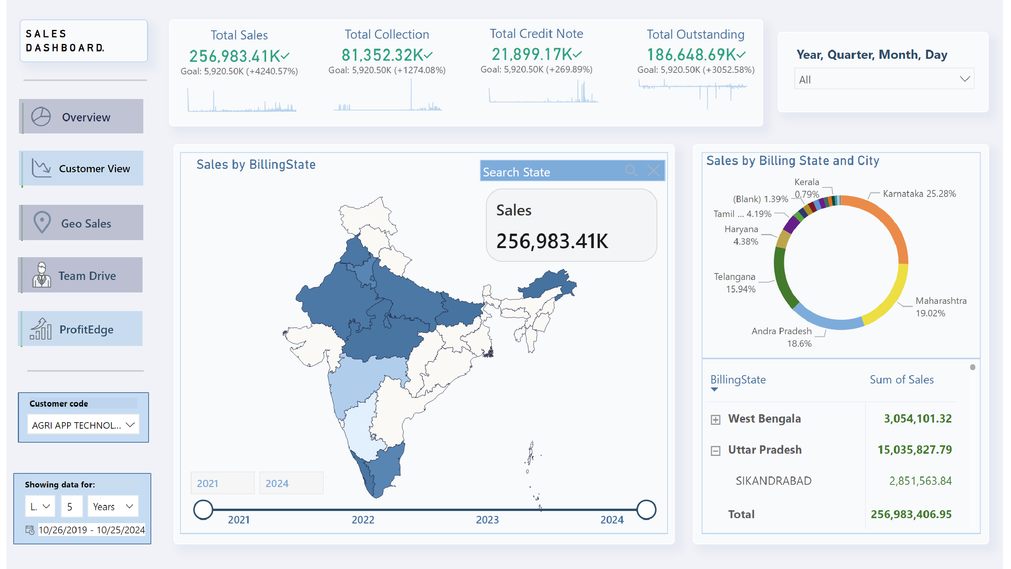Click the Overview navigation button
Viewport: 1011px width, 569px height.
pos(82,117)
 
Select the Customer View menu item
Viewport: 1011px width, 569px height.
pos(82,168)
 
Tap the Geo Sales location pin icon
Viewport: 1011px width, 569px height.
pos(42,222)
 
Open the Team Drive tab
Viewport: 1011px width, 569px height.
pos(81,275)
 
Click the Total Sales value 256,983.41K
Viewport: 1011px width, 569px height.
pos(235,56)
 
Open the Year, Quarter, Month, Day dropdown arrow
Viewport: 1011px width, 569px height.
pos(965,79)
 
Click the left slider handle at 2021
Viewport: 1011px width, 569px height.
pos(203,510)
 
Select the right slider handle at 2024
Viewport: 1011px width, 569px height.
pos(646,510)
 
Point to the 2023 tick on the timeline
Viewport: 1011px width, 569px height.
pos(487,519)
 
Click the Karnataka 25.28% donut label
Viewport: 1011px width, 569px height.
pos(919,193)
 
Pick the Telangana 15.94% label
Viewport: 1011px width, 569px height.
pos(734,283)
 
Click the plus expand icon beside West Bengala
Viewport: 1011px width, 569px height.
pos(715,420)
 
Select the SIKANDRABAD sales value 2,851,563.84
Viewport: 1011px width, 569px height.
pos(920,481)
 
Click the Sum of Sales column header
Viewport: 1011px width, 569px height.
pos(901,379)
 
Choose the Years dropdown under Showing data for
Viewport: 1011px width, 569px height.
pos(113,506)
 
